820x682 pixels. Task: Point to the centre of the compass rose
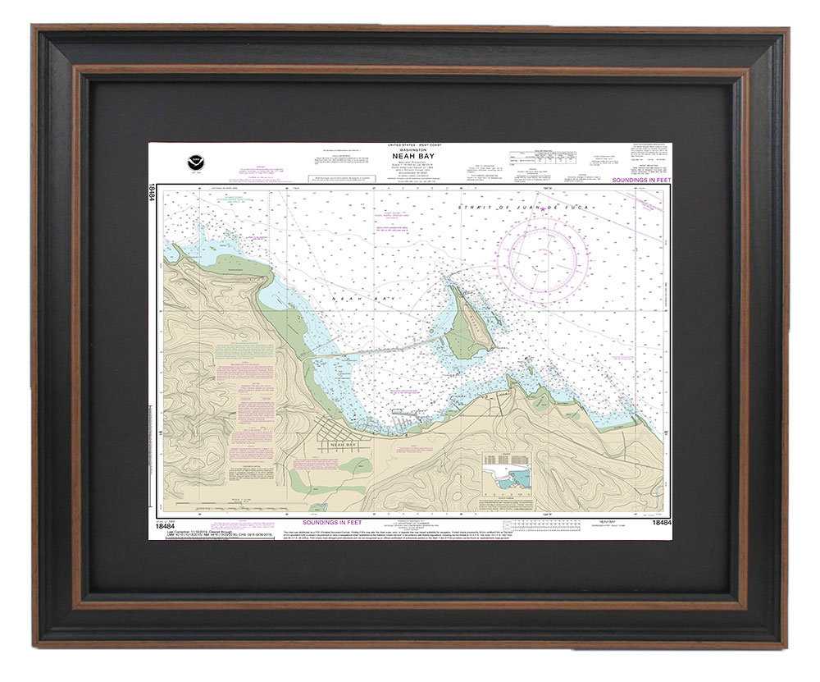pyautogui.click(x=542, y=257)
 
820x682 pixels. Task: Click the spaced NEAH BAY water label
pyautogui.click(x=353, y=300)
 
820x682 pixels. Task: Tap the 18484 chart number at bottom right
pyautogui.click(x=662, y=522)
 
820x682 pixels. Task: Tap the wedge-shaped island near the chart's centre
pyautogui.click(x=467, y=328)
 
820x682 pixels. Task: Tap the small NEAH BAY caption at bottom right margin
pyautogui.click(x=608, y=521)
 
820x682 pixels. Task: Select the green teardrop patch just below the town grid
pyautogui.click(x=355, y=466)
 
